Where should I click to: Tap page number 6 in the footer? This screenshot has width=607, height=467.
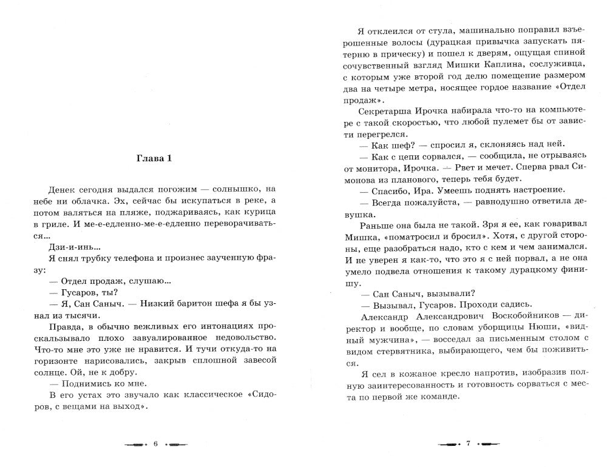[155, 444]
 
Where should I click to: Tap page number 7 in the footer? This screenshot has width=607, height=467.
[469, 444]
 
